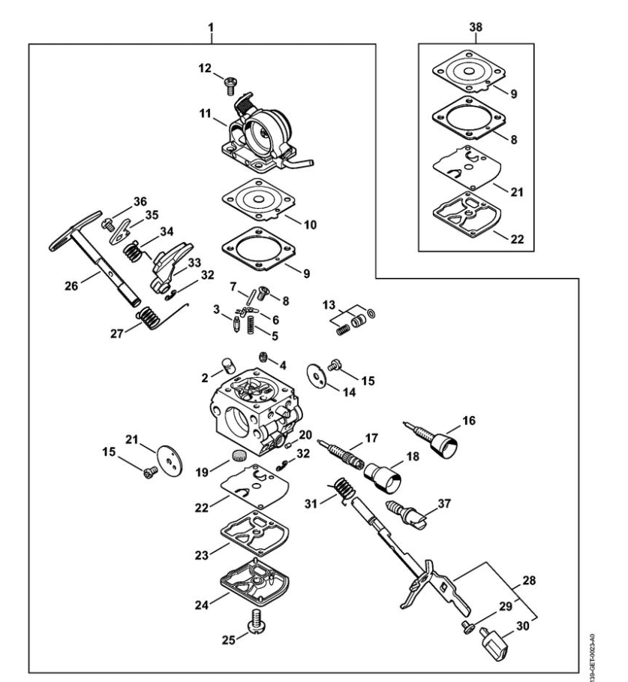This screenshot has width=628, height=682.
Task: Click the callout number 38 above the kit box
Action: [x=476, y=27]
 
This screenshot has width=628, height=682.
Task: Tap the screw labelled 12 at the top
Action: [x=230, y=85]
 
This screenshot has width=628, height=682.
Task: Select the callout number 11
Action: [x=205, y=114]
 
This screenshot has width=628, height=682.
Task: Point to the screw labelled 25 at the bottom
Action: [x=256, y=621]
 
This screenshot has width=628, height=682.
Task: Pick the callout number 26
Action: [x=71, y=285]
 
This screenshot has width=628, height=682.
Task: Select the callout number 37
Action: [x=443, y=504]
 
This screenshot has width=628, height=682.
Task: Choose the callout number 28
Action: [x=529, y=580]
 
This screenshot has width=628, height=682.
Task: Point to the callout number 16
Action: [x=469, y=421]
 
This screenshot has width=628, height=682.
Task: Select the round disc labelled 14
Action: [x=316, y=376]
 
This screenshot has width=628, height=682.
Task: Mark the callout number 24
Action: [x=202, y=605]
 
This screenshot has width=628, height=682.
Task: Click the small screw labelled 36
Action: [x=107, y=225]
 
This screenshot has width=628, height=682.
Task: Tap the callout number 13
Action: [x=329, y=305]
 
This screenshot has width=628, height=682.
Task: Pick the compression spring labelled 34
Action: [x=133, y=252]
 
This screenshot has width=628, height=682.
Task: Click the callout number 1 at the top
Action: [x=212, y=27]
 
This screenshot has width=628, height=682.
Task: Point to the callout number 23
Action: [x=202, y=555]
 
